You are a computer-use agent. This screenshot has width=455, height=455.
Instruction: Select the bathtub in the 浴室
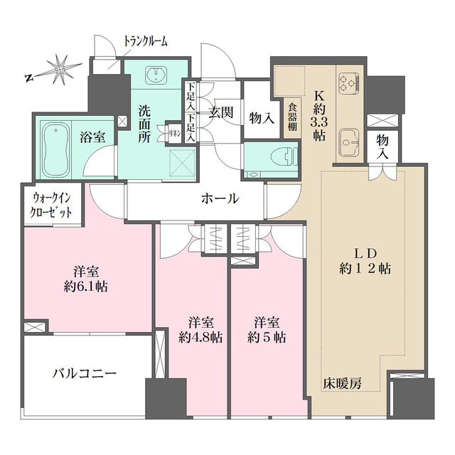click(55, 151)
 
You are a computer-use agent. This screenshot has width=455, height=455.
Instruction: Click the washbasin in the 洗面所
click(154, 76)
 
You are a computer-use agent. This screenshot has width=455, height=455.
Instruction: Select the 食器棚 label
click(293, 117)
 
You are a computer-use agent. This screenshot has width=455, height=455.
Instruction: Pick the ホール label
click(219, 199)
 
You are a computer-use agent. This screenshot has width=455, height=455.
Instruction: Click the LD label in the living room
click(363, 255)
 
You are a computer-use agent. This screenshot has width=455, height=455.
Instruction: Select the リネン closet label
click(173, 132)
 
